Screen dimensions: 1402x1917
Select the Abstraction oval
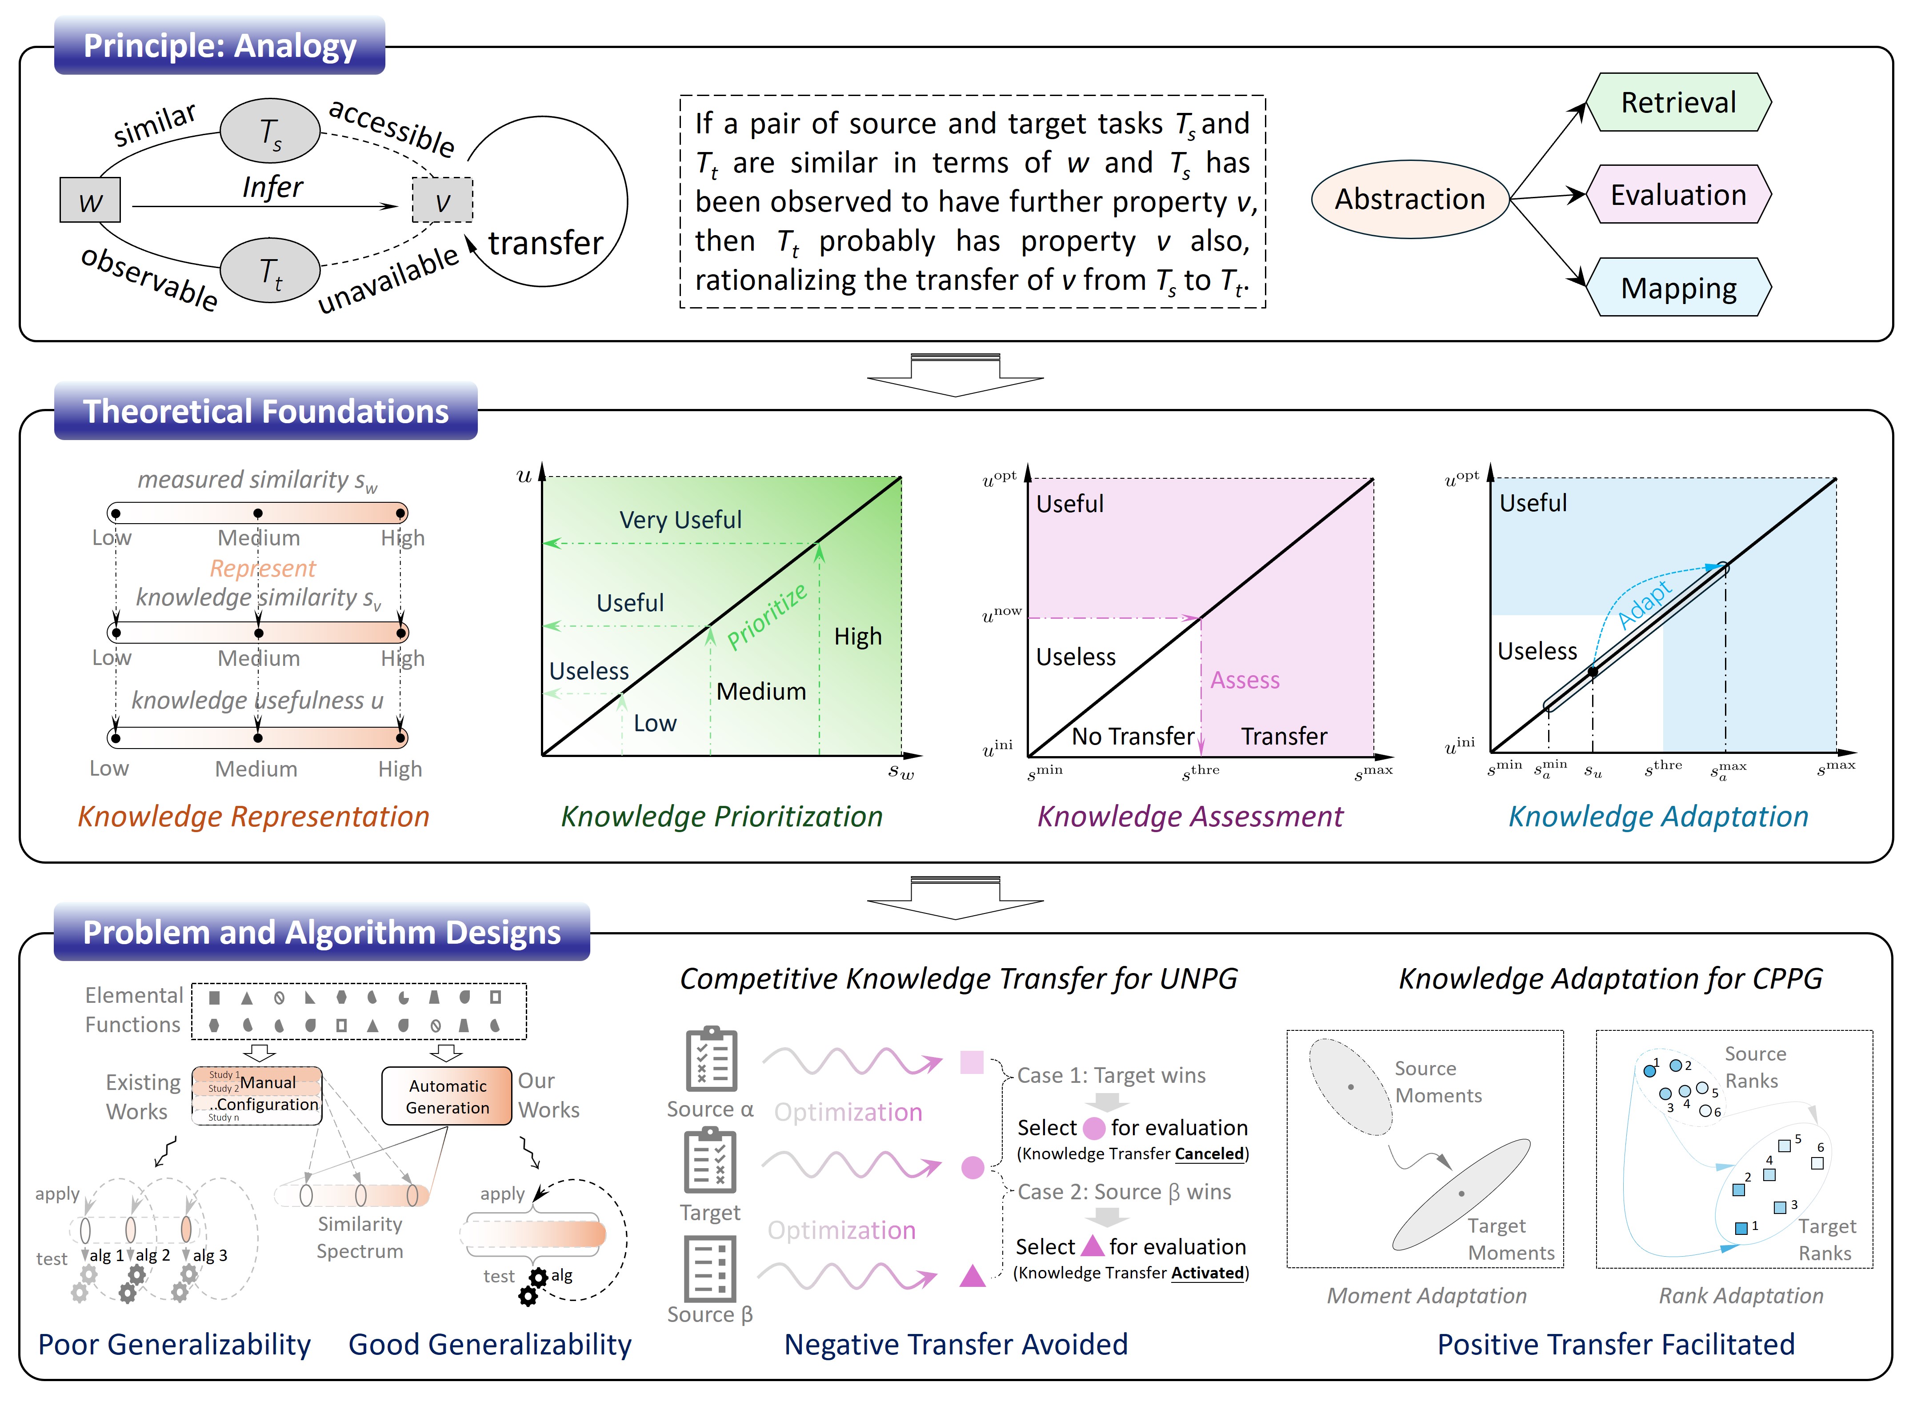[1409, 199]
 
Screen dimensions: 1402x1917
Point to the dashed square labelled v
[442, 200]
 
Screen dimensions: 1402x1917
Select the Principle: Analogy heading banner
[219, 46]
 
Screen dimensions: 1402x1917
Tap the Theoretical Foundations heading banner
[266, 412]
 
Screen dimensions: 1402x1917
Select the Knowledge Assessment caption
[1190, 817]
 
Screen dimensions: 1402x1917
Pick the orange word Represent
[262, 568]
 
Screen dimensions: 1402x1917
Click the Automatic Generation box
[447, 1097]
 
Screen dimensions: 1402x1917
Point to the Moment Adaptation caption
[1426, 1296]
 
